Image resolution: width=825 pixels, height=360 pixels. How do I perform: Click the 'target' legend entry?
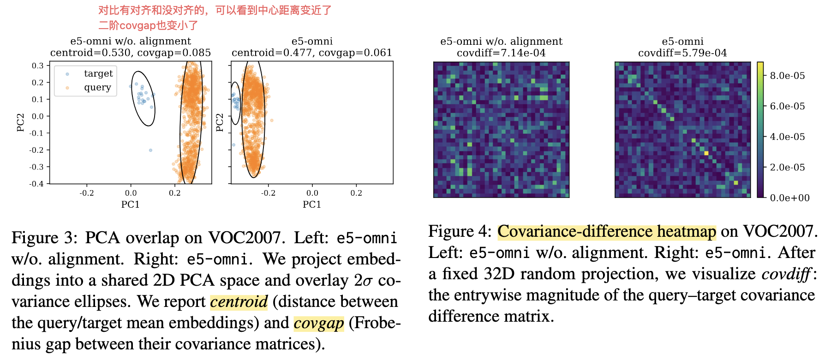(x=98, y=73)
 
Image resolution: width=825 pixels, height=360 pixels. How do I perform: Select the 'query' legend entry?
(x=97, y=87)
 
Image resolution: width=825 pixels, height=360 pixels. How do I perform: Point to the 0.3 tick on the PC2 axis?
(x=38, y=66)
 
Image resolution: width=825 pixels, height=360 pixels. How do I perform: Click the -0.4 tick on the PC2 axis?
(x=36, y=184)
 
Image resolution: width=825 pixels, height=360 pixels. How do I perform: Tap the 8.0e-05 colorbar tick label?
(x=787, y=76)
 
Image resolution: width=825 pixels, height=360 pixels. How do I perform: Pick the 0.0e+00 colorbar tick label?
(x=789, y=198)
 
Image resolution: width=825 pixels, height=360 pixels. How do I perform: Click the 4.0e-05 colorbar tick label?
(x=787, y=137)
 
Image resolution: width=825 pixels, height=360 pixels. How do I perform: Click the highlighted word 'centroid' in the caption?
(x=239, y=302)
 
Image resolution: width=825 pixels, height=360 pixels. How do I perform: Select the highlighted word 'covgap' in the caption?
(x=319, y=323)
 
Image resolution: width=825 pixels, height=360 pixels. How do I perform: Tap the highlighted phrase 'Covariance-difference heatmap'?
(x=606, y=231)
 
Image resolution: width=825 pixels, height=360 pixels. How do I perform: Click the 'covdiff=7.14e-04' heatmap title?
(x=501, y=53)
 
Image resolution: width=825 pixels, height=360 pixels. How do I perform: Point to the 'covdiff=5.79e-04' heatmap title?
(x=682, y=53)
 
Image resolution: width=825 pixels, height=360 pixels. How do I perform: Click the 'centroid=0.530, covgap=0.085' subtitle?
(x=131, y=53)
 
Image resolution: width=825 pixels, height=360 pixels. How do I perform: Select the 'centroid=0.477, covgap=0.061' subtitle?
(x=312, y=53)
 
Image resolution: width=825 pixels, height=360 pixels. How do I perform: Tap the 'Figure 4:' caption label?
(x=460, y=231)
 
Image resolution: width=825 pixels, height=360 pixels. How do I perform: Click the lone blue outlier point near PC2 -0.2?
(x=150, y=150)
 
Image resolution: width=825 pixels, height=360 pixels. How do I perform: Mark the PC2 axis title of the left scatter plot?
(x=20, y=122)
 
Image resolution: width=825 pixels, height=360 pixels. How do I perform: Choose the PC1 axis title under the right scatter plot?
(x=312, y=204)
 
